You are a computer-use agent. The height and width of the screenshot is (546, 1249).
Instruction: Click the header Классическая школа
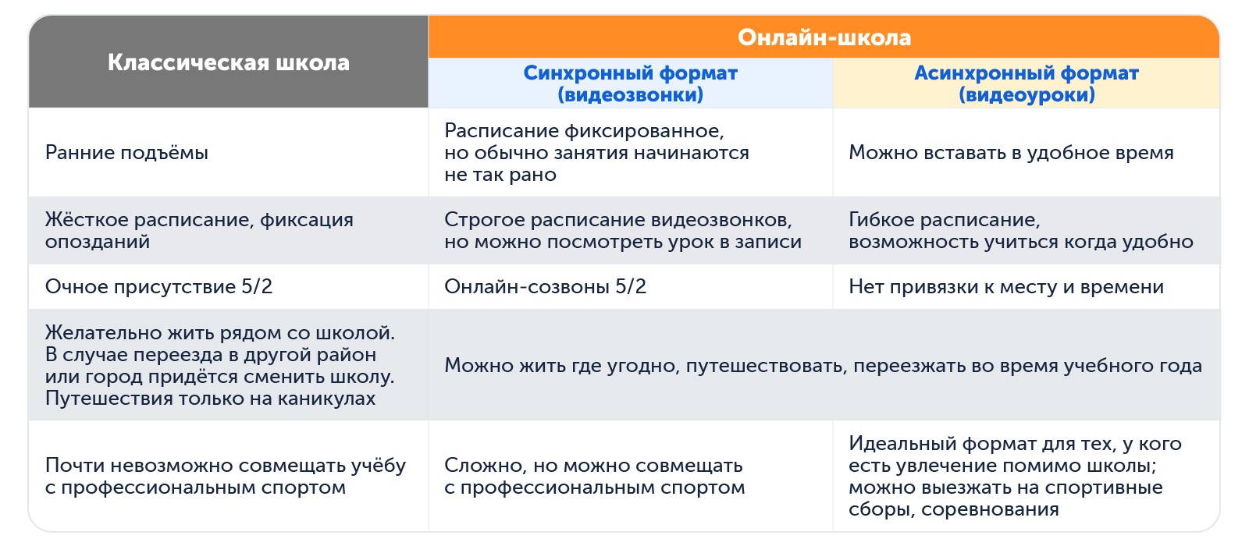tap(228, 62)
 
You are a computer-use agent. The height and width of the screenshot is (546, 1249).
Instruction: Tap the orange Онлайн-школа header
tap(824, 37)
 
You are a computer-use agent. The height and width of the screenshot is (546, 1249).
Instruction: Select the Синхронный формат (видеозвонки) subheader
tap(630, 83)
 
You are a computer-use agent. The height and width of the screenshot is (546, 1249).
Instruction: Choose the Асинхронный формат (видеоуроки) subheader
tap(1026, 83)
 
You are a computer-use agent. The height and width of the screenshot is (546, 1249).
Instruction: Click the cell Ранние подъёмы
tap(126, 153)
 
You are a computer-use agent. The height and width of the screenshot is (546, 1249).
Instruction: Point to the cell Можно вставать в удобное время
tap(1011, 153)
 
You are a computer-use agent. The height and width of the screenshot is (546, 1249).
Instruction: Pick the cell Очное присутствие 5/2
tap(158, 287)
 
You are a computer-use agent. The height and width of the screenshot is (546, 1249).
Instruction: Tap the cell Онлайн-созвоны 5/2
tap(545, 287)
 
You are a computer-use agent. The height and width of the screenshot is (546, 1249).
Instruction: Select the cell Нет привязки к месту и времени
tap(1005, 287)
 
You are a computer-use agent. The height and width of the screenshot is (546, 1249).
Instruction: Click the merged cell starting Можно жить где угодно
tap(823, 366)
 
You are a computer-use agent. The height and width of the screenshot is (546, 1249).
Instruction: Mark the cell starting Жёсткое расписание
tap(199, 231)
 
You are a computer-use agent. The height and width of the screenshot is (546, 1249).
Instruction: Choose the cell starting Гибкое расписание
tap(1020, 231)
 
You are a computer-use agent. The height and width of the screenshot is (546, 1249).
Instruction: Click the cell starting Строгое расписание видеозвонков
tap(622, 231)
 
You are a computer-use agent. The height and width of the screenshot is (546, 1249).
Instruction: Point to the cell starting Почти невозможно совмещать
tap(225, 477)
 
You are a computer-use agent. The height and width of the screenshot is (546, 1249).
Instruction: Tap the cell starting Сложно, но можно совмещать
tap(594, 477)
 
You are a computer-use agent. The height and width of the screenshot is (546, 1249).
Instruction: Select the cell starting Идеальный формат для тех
tap(1015, 477)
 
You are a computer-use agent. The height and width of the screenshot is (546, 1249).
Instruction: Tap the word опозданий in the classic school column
tap(97, 242)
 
